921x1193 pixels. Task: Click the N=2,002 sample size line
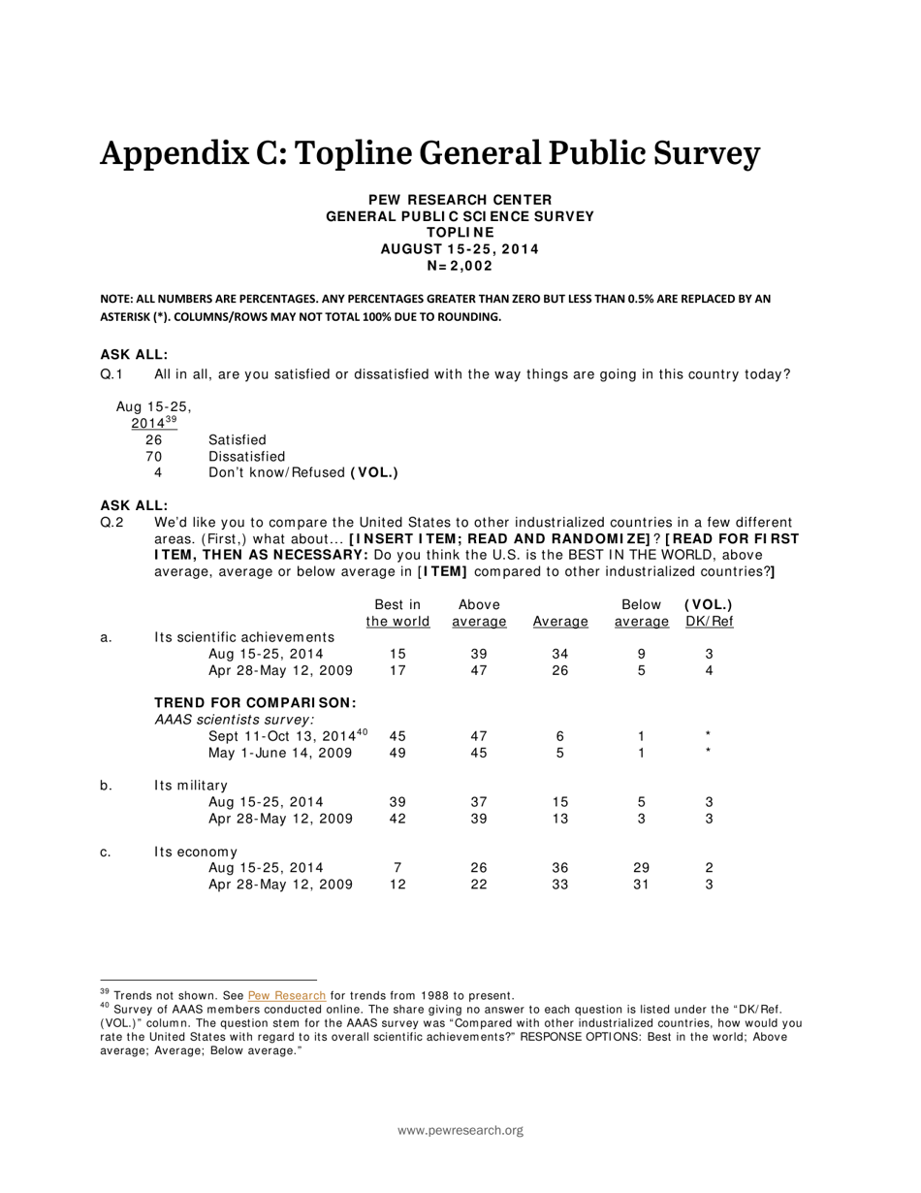460,266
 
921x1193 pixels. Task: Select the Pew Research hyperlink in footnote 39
287,995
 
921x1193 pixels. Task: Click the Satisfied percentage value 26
153,440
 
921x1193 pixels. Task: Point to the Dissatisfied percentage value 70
153,457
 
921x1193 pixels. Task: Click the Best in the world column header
397,613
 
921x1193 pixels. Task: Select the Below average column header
641,613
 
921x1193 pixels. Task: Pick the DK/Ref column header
709,613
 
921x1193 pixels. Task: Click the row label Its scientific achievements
244,637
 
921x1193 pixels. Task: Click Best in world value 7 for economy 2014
397,868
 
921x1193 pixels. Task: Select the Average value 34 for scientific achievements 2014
559,654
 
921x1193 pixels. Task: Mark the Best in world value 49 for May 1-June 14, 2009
397,753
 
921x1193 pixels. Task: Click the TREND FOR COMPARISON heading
256,702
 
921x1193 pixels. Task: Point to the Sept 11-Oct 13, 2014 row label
288,736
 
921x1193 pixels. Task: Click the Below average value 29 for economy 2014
641,868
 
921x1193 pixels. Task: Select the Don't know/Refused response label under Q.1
302,473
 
